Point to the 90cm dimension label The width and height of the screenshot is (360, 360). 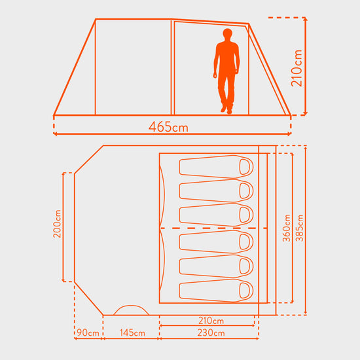(x=88, y=333)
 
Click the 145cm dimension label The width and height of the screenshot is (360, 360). (x=132, y=333)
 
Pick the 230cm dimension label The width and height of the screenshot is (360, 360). (x=209, y=333)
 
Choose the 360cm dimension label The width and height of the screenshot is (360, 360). (x=286, y=228)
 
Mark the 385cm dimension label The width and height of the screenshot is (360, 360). (x=298, y=228)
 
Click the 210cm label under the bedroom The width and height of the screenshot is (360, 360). (x=209, y=321)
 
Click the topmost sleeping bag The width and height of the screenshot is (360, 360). (x=216, y=166)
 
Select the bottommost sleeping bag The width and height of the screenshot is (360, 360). (x=216, y=291)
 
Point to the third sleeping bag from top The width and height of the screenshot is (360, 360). (x=216, y=214)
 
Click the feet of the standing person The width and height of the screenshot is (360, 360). (x=226, y=109)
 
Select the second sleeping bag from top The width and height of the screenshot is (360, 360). (x=216, y=190)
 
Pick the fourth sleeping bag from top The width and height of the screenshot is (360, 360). (x=216, y=242)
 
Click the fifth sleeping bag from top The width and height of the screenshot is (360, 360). (x=216, y=266)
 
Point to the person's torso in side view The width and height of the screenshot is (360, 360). (x=227, y=59)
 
